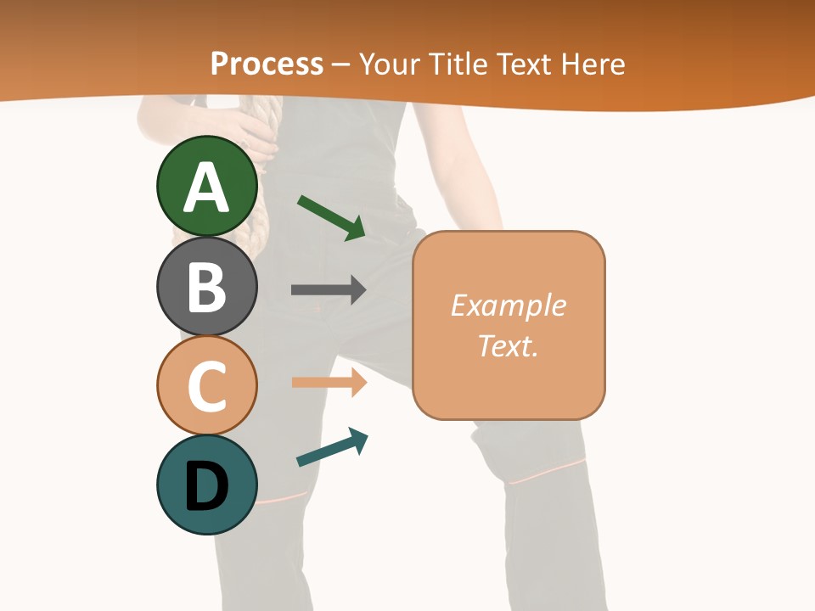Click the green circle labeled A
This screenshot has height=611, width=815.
tap(207, 186)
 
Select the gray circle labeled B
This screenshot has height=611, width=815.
tap(207, 286)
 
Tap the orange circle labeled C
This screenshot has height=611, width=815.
tap(207, 385)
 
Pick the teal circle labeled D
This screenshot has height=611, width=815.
tap(207, 485)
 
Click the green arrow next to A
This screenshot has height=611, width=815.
tap(332, 217)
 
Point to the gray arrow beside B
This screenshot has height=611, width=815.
tap(329, 290)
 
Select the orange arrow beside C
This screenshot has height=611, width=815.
tap(329, 383)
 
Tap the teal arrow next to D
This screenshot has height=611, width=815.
tap(332, 447)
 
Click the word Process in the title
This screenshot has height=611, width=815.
tap(267, 64)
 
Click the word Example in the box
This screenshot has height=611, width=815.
tap(508, 305)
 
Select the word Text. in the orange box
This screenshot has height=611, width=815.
tap(508, 345)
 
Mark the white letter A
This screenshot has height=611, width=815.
tap(207, 188)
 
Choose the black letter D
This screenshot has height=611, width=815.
tap(207, 486)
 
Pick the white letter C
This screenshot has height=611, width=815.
tap(207, 387)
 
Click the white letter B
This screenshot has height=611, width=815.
tap(207, 287)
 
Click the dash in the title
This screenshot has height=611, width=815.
tap(340, 65)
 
